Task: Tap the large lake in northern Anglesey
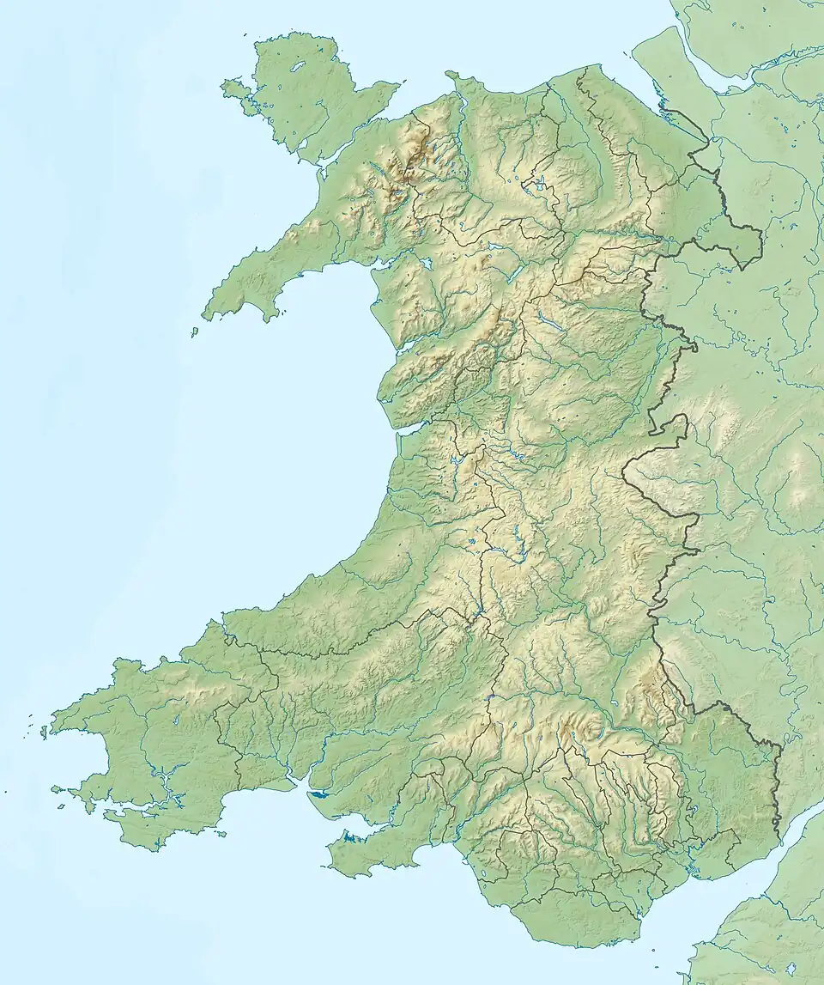(x=297, y=66)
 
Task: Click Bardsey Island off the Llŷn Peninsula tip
(x=195, y=331)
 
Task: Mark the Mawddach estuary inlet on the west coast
(x=403, y=348)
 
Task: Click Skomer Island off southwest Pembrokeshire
(x=58, y=787)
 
